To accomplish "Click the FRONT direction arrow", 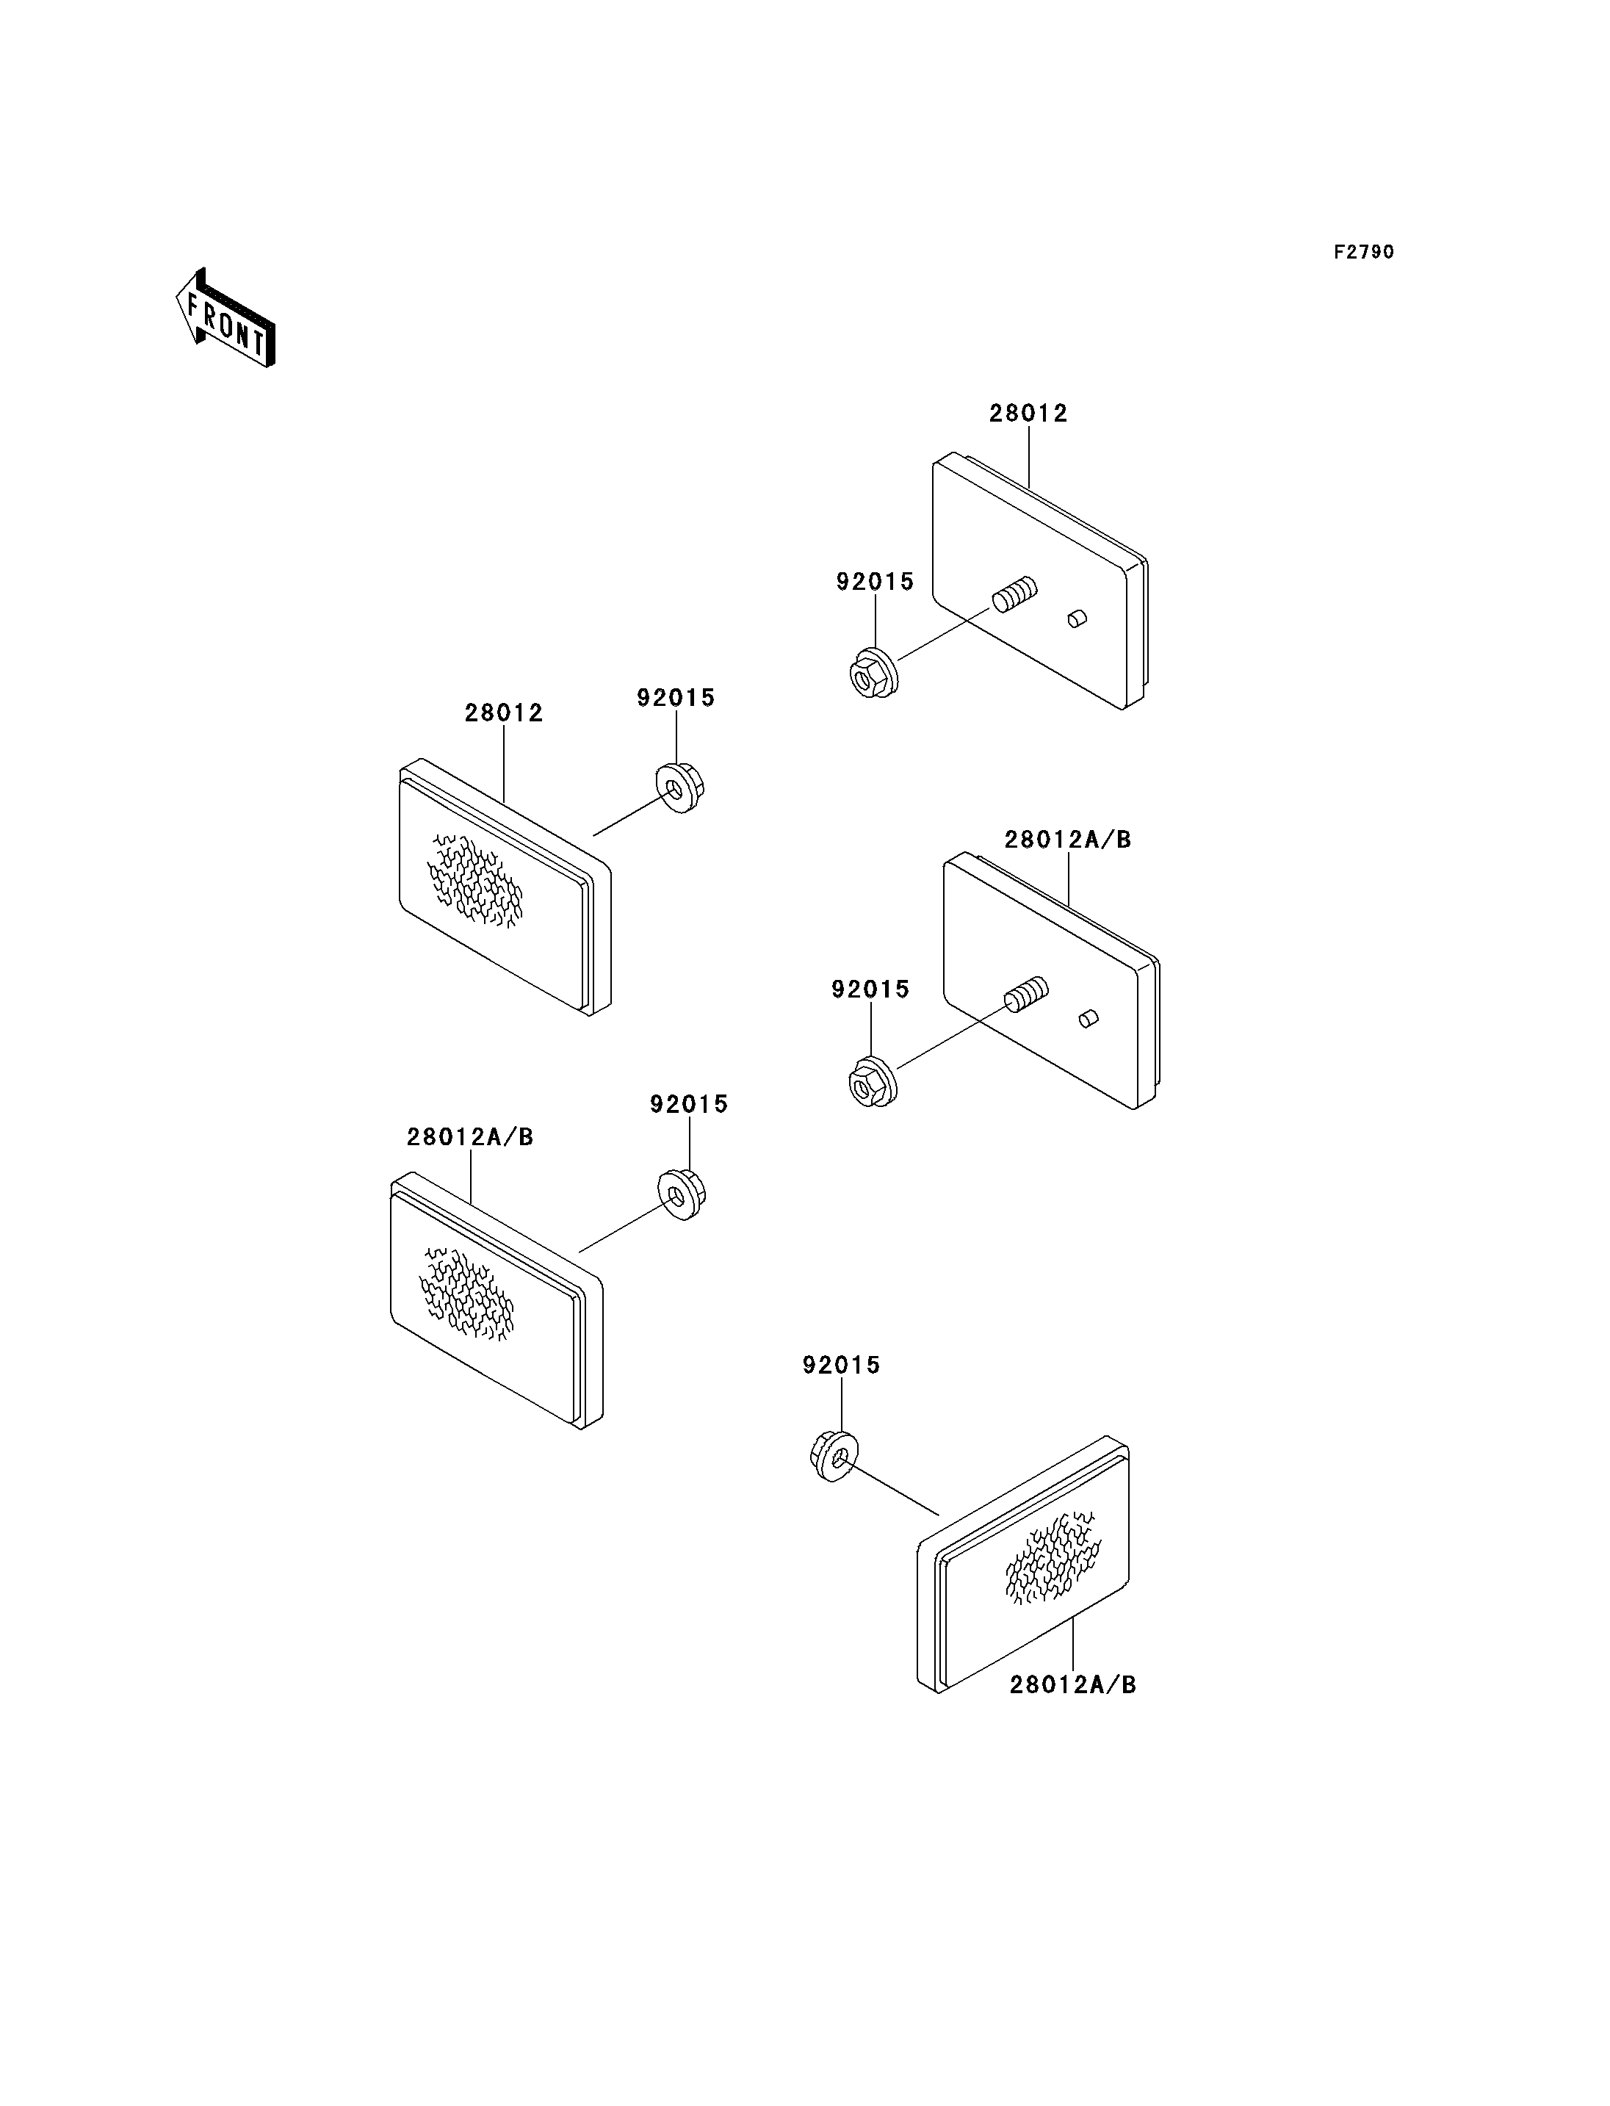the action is coord(225,318).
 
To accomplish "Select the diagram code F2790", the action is coord(1364,252).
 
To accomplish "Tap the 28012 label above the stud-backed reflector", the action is coord(1028,413).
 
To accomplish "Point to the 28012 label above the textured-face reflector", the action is coord(504,713).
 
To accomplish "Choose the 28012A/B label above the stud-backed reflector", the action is coord(1068,840).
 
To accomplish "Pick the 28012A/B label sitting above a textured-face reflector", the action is coord(469,1137).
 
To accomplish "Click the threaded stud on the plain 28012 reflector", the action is coord(1015,594).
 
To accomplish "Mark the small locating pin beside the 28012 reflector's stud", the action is coord(1077,619).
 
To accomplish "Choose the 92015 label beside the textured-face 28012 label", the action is coord(676,698).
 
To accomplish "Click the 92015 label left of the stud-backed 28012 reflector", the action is coord(875,582).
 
